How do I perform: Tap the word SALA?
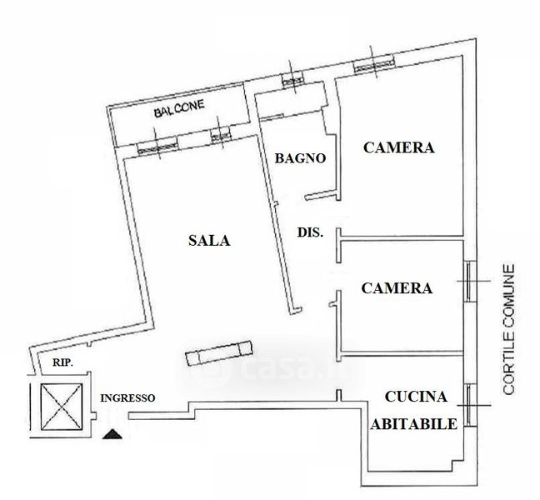click(x=207, y=241)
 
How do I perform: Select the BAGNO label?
click(x=299, y=157)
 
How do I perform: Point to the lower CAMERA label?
click(x=397, y=288)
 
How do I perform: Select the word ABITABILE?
click(x=413, y=423)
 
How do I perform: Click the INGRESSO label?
click(x=127, y=397)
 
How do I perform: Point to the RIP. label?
click(x=62, y=362)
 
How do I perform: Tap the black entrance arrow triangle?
click(x=110, y=433)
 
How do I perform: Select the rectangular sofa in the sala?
click(x=218, y=353)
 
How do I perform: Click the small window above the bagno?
click(x=292, y=80)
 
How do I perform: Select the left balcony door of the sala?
click(x=157, y=146)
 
